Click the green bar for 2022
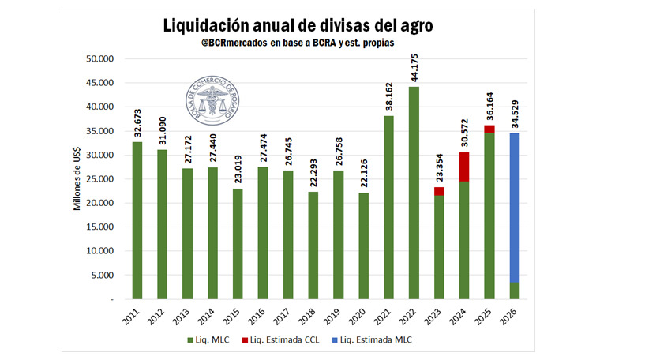414,193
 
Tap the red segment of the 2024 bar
464,167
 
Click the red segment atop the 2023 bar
439,191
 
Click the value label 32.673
137,123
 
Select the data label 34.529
514,114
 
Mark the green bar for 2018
313,246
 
